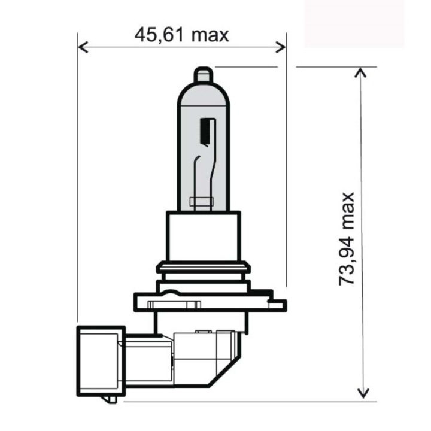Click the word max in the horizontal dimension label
pos(210,35)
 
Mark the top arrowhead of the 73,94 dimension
pos(361,72)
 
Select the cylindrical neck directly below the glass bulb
pos(204,236)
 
